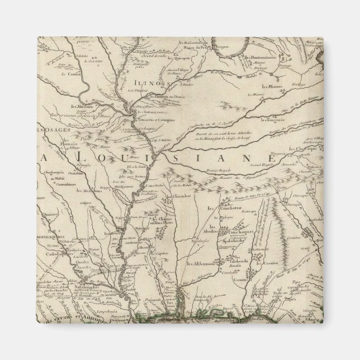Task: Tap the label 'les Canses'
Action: tap(84, 74)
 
